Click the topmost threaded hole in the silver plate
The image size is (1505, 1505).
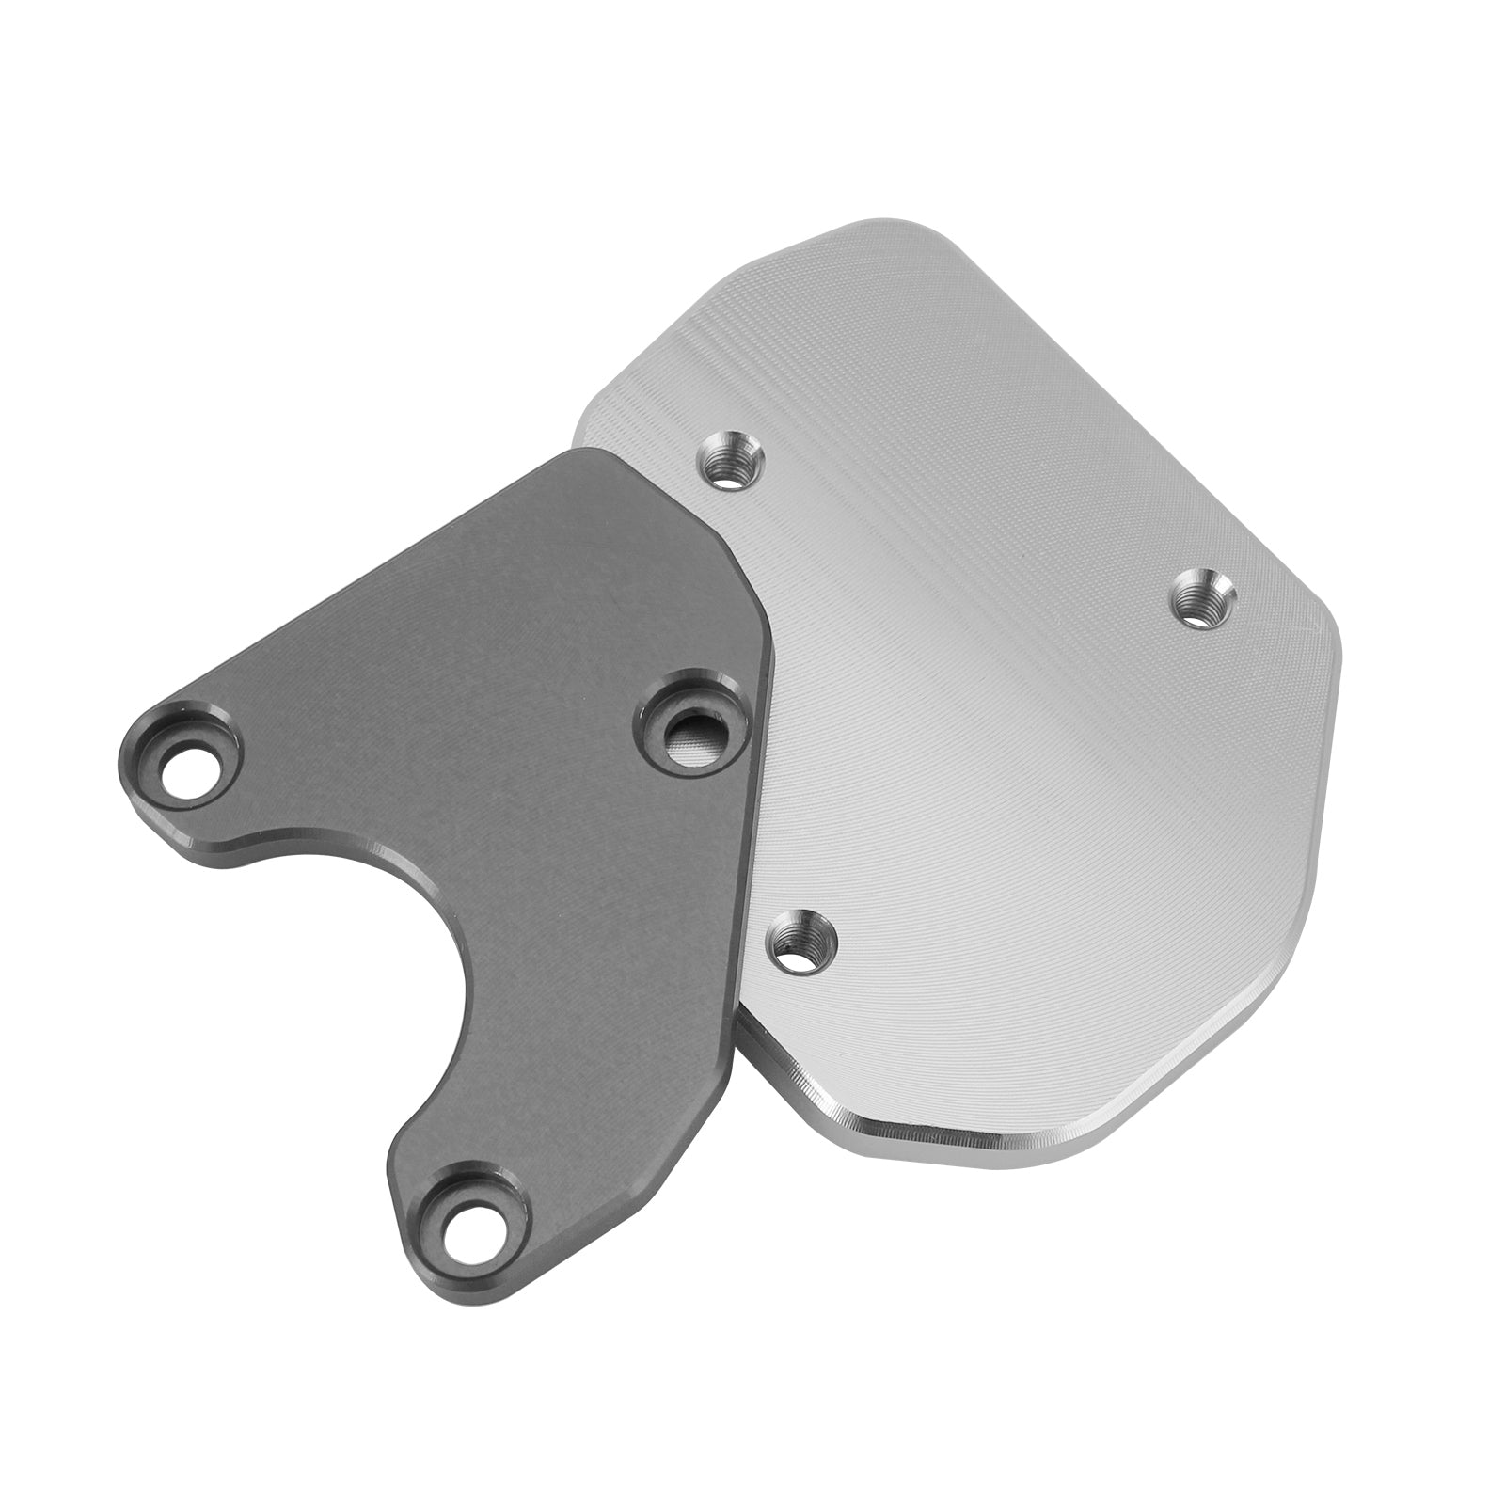click(x=731, y=461)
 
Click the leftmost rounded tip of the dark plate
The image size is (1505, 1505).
click(x=132, y=752)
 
